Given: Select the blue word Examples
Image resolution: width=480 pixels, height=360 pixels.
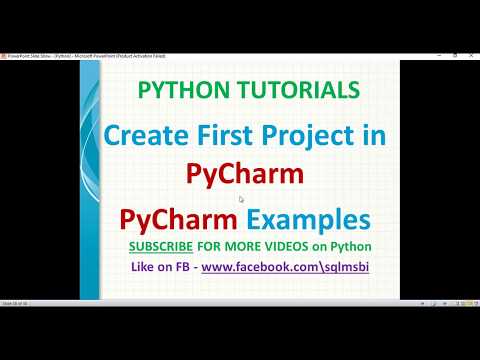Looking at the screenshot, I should pos(309,219).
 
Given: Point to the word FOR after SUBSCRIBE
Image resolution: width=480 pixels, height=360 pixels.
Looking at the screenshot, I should pos(213,246).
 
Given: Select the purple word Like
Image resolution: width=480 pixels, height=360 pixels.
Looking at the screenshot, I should pos(144,268).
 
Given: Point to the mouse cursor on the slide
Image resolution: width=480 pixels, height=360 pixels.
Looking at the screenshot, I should pos(241,199).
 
